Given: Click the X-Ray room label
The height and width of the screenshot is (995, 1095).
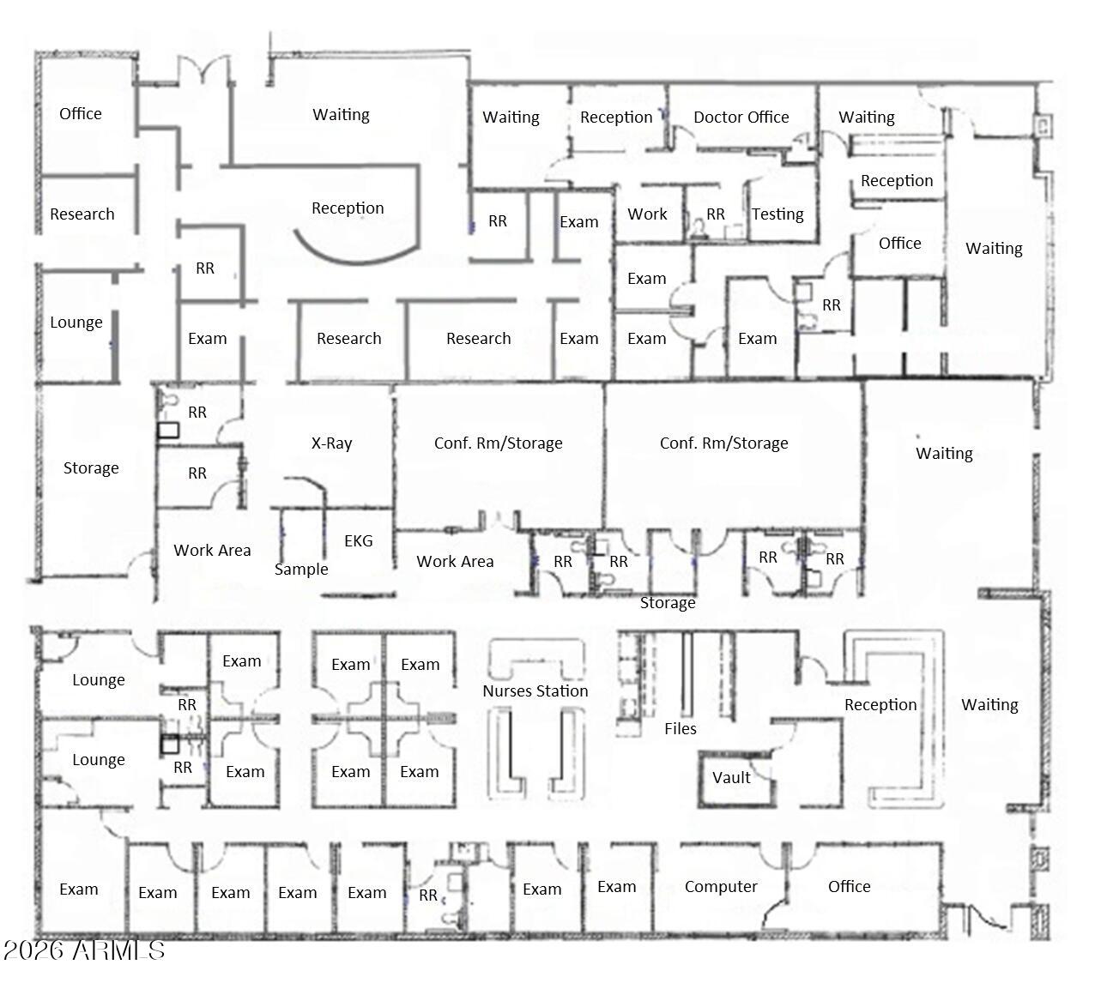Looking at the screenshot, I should click(x=331, y=443).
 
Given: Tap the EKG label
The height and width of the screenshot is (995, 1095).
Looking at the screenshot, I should click(x=359, y=541).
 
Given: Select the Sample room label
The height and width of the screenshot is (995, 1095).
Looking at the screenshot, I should click(x=301, y=570).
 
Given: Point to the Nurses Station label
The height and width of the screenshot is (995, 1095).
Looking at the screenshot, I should click(x=535, y=691).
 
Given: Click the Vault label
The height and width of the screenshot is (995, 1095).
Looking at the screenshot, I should click(x=731, y=778).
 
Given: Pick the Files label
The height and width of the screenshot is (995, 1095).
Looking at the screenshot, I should click(x=681, y=729).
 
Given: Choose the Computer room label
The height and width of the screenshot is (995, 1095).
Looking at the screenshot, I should click(x=721, y=887).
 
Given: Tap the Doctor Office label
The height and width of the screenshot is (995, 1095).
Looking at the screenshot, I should click(x=741, y=118).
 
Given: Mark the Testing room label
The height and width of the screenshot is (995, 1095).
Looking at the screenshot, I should click(x=777, y=214).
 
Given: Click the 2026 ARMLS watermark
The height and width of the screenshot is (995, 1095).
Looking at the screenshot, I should click(x=83, y=950).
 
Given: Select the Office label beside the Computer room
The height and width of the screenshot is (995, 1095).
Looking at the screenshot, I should click(x=850, y=887).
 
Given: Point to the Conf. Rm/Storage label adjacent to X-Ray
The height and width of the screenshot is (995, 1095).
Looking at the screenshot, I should click(x=499, y=443).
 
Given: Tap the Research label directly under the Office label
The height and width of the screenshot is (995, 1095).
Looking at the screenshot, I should click(x=82, y=214).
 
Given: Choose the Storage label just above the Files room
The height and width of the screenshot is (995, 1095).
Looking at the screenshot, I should click(x=668, y=603).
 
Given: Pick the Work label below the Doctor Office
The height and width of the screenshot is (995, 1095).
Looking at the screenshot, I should click(x=647, y=214).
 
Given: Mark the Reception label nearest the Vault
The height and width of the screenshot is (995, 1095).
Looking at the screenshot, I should click(x=880, y=705).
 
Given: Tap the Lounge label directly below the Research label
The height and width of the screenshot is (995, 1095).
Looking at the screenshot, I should click(x=76, y=323).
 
